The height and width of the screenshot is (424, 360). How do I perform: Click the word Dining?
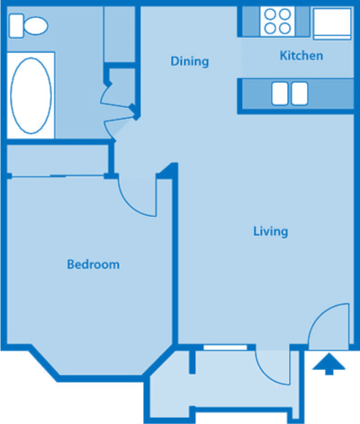190,62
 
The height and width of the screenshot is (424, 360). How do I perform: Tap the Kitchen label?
301,56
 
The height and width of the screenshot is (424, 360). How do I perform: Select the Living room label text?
270,231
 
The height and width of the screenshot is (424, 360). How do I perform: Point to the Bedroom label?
94,265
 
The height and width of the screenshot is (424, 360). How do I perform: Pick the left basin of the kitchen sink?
279,93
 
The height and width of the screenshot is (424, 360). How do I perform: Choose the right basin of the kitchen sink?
299,93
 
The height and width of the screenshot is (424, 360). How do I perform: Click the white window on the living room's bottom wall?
229,347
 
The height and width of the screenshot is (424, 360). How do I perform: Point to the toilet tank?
13,25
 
